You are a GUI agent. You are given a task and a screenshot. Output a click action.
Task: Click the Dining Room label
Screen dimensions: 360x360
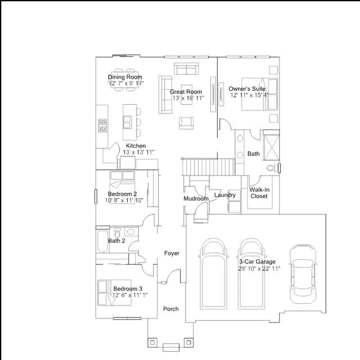pyautogui.click(x=125, y=77)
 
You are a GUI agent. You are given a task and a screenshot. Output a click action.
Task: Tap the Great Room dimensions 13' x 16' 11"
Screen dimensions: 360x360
pyautogui.click(x=188, y=98)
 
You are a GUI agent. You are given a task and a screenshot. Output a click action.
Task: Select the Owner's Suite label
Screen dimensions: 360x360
pyautogui.click(x=247, y=89)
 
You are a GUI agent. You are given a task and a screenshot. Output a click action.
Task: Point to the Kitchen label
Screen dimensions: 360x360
pyautogui.click(x=136, y=146)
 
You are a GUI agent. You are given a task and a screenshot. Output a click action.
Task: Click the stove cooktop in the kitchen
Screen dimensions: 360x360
pyautogui.click(x=102, y=125)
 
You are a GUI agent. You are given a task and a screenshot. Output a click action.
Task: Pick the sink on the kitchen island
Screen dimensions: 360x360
pyautogui.click(x=128, y=122)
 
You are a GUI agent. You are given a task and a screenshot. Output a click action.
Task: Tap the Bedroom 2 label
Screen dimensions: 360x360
pyautogui.click(x=123, y=193)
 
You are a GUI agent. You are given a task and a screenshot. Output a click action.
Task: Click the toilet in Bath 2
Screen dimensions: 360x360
pyautogui.click(x=117, y=232)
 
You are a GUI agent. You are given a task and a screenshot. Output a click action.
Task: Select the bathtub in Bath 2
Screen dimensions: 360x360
pyautogui.click(x=102, y=241)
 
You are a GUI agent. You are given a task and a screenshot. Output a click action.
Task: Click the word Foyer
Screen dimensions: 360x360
pyautogui.click(x=172, y=253)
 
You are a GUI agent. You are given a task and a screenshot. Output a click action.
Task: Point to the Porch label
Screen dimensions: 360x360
pyautogui.click(x=171, y=309)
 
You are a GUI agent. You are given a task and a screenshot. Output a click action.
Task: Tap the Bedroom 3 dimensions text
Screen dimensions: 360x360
pyautogui.click(x=130, y=295)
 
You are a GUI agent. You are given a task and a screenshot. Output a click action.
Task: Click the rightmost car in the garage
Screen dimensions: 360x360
pyautogui.click(x=303, y=274)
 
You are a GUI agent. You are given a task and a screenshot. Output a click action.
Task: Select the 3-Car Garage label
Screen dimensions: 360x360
pyautogui.click(x=257, y=262)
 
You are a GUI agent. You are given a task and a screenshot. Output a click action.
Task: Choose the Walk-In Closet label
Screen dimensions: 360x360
pyautogui.click(x=259, y=193)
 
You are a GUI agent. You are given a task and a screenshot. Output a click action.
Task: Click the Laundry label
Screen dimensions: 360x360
pyautogui.click(x=225, y=195)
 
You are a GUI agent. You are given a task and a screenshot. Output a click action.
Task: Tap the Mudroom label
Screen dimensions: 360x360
pyautogui.click(x=196, y=199)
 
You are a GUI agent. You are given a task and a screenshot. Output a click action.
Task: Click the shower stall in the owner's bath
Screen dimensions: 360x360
pyautogui.click(x=271, y=145)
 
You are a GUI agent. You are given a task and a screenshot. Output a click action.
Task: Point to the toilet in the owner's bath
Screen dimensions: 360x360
pyautogui.click(x=273, y=168)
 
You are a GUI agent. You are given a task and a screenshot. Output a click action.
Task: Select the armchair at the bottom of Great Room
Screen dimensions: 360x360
pyautogui.click(x=186, y=123)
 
